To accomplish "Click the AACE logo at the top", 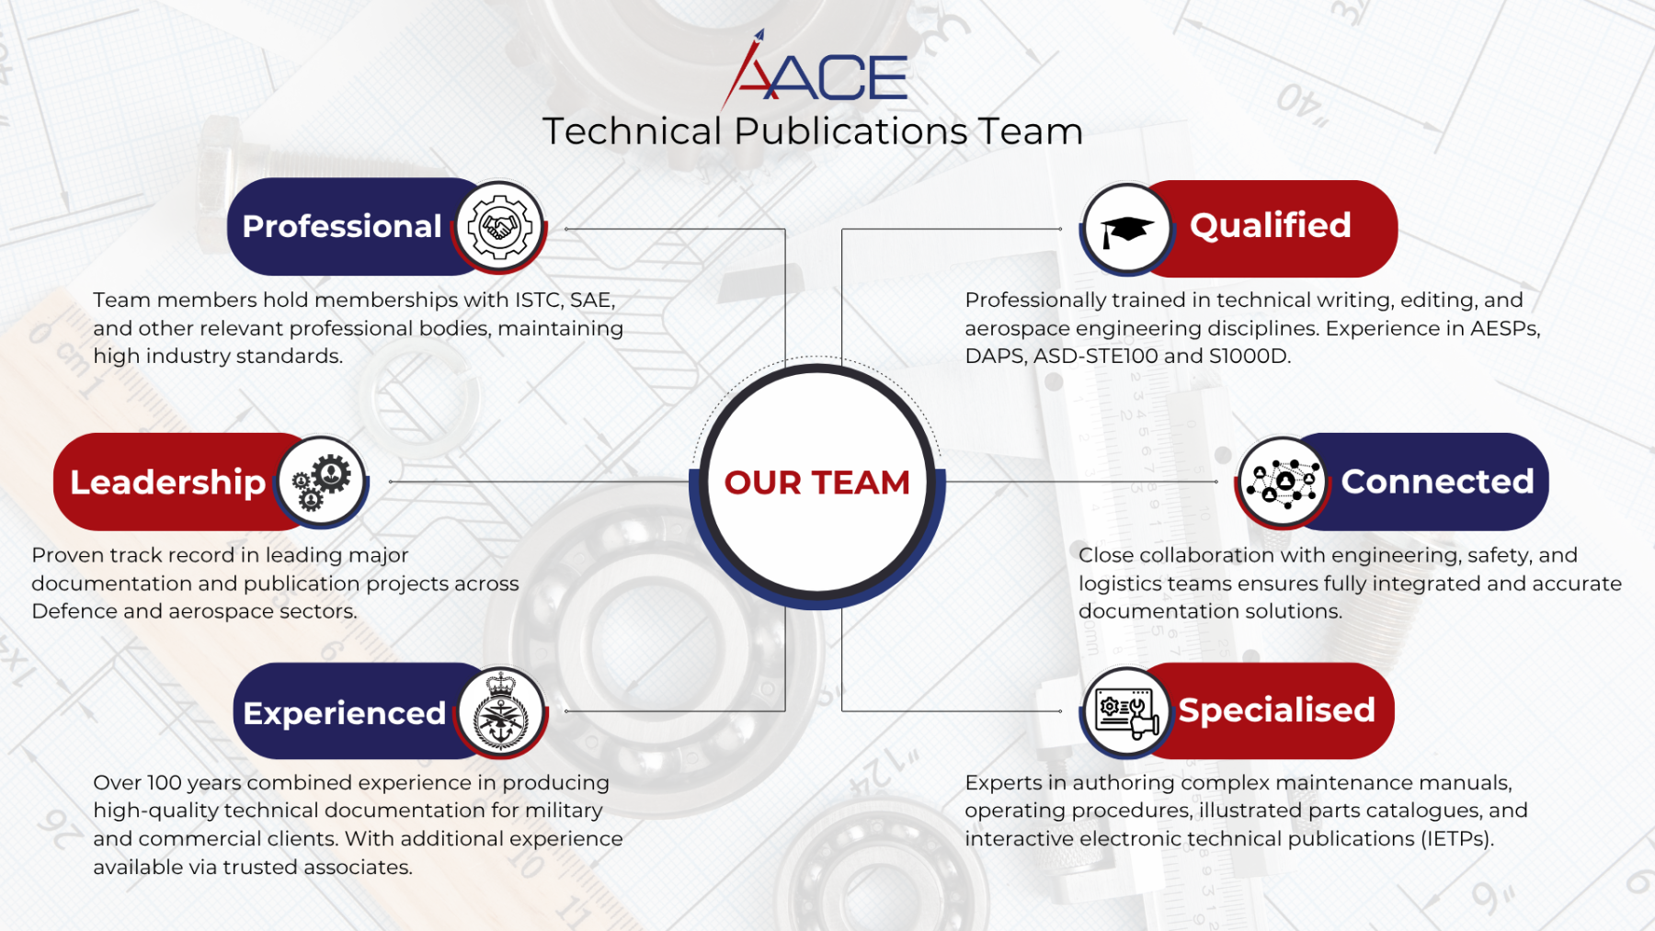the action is tap(815, 70).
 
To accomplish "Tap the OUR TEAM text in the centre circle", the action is tap(816, 483).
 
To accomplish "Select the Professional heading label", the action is tap(342, 226).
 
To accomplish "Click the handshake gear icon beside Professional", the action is tap(499, 226).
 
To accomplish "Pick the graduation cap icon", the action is tap(1126, 229).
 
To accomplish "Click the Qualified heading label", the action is tap(1270, 225).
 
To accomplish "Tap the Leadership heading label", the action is tap(167, 483).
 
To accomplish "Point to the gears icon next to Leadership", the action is tap(321, 482).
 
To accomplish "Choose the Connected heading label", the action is tap(1437, 482).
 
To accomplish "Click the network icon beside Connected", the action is tap(1283, 482).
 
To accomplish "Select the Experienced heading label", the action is tap(344, 713).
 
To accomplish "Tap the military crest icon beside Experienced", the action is tap(501, 711).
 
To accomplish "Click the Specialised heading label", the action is tap(1277, 710).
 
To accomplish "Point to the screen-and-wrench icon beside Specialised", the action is tap(1126, 711).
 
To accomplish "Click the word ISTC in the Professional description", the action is tap(539, 301).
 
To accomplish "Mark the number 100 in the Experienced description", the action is tap(165, 783).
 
